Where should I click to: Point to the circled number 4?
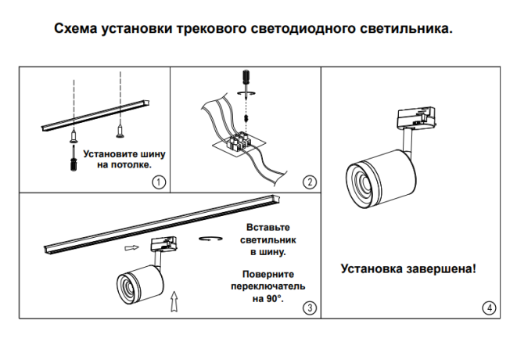490,308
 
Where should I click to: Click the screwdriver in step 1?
73,161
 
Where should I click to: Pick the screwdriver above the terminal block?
244,78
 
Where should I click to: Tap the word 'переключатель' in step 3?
268,286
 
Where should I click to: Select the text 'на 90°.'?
268,298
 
